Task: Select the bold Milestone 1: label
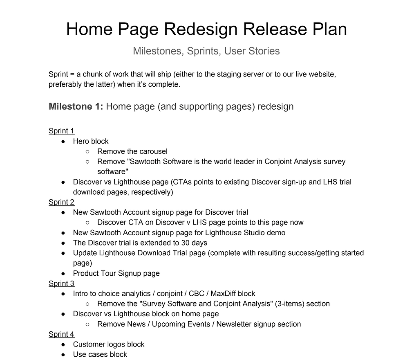[76, 106]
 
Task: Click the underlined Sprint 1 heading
[61, 131]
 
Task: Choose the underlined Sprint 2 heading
[61, 202]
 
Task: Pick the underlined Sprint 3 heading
[61, 283]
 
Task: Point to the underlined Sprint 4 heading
[61, 334]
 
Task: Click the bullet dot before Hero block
[63, 142]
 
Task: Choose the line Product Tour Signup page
[116, 273]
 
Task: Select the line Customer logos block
[108, 344]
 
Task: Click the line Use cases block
[100, 354]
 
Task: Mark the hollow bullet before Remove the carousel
[87, 152]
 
